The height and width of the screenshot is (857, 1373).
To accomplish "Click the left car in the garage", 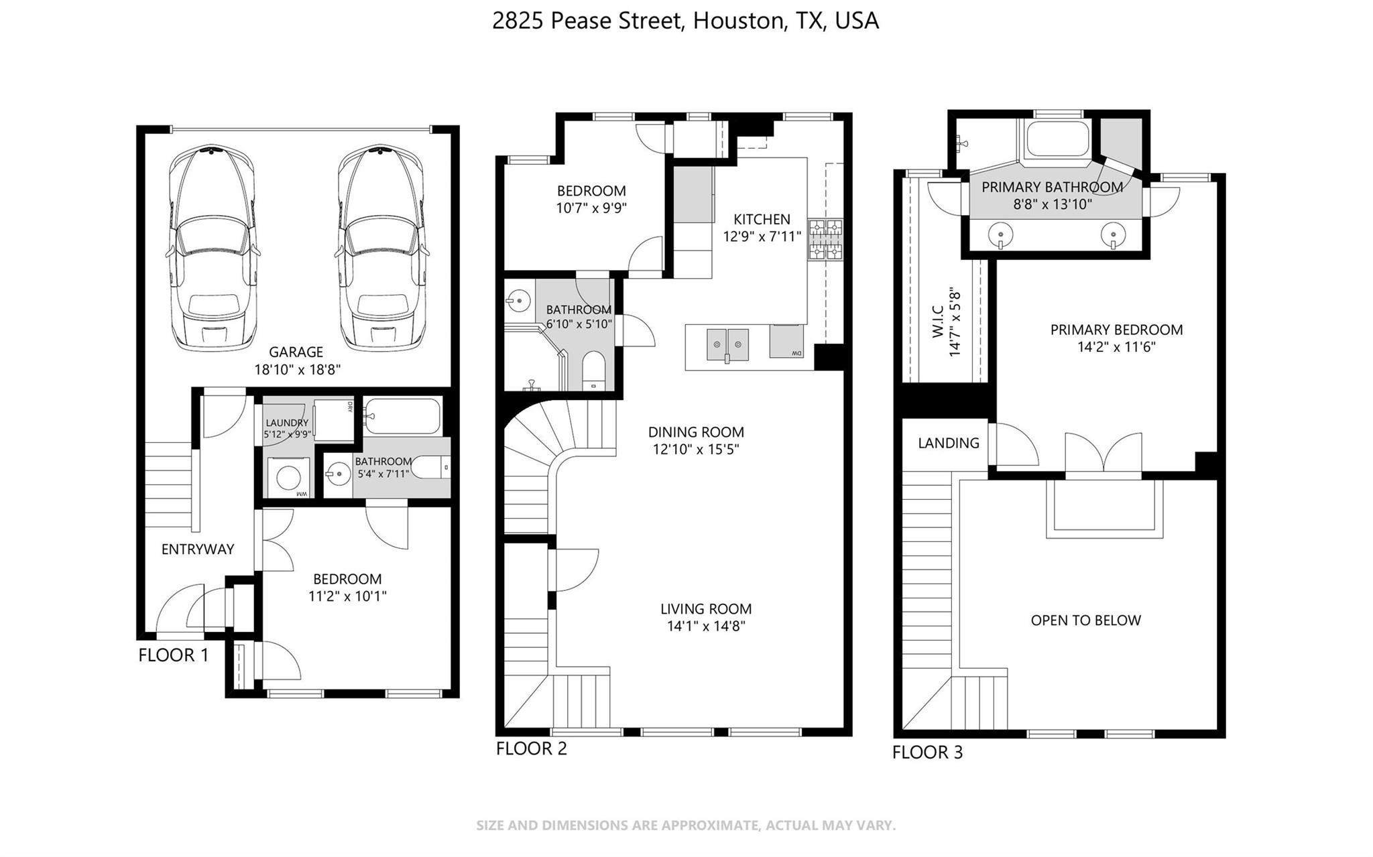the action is [x=213, y=248].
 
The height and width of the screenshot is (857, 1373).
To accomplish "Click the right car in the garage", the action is [x=381, y=248].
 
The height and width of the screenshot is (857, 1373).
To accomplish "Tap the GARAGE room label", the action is [x=296, y=352].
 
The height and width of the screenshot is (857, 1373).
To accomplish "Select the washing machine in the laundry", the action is [x=289, y=476].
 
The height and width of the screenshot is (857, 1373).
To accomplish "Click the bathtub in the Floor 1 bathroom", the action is [x=402, y=416].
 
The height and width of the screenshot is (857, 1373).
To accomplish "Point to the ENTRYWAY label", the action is [x=198, y=549].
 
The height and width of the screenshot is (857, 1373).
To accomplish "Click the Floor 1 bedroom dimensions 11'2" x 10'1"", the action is [x=347, y=596].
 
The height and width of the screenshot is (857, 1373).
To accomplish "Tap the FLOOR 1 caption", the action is [x=174, y=655].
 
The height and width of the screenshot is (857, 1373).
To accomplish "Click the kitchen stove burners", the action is [x=825, y=239].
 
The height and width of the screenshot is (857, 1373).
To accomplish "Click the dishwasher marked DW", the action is [x=786, y=341].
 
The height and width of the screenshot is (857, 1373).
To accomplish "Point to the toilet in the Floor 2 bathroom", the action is [x=593, y=371].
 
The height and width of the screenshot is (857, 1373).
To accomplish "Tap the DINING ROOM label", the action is [x=696, y=432].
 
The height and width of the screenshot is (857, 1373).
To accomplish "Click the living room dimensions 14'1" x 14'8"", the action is [x=706, y=627].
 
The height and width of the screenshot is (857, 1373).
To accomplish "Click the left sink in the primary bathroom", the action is [x=1000, y=235].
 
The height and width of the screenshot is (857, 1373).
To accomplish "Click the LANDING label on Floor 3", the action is [x=949, y=443].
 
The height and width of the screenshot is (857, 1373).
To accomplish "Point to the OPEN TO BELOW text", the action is [x=1085, y=620].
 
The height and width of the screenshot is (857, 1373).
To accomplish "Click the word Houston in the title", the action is [x=738, y=21].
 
